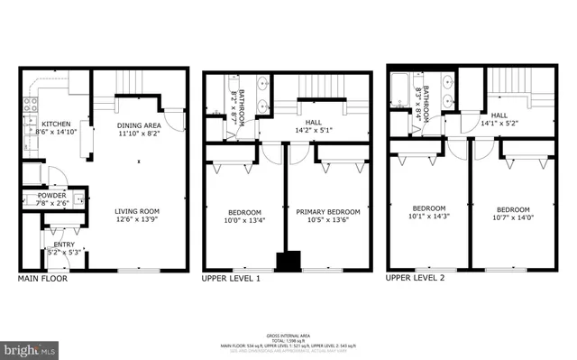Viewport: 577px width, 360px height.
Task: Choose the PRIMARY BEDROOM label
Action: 328,212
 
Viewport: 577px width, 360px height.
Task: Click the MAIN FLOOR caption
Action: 41,279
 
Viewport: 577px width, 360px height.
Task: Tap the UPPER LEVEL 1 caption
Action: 231,279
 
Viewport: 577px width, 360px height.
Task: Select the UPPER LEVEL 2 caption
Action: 416,279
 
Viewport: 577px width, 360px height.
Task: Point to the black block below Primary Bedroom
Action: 288,262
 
